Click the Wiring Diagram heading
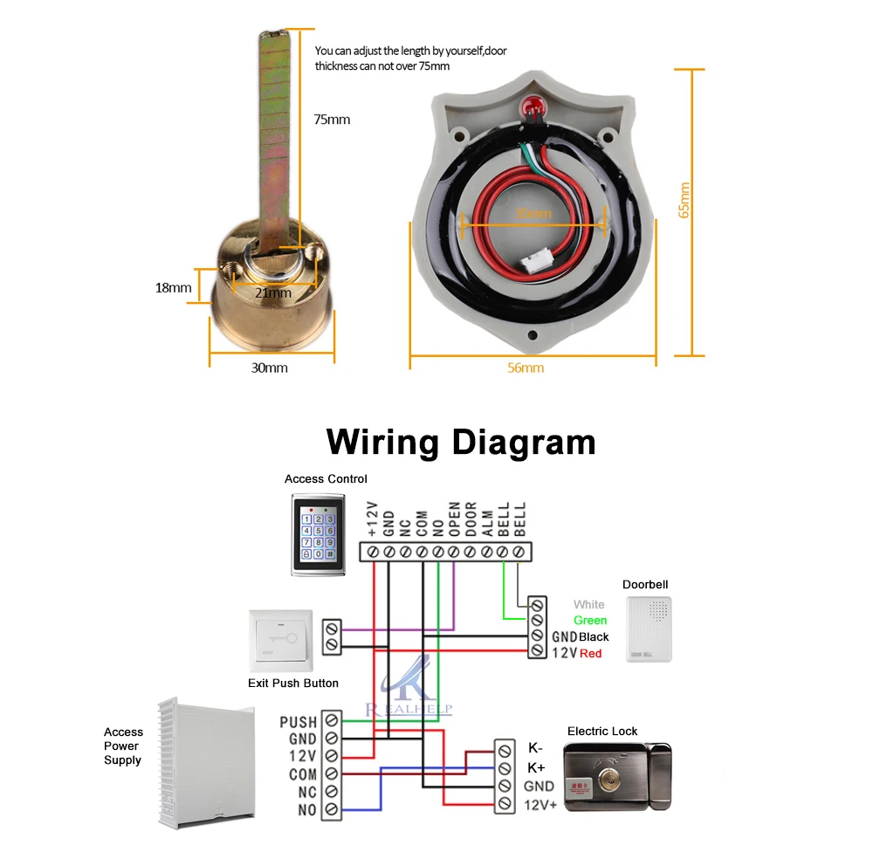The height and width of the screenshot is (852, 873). click(461, 442)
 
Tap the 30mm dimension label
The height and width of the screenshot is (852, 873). click(270, 368)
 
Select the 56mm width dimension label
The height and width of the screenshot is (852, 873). click(526, 368)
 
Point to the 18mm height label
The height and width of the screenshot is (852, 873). click(175, 287)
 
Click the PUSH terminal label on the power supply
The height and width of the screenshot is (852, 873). click(299, 722)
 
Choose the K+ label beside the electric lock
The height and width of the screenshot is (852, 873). click(536, 767)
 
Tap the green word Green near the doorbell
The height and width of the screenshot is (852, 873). click(590, 620)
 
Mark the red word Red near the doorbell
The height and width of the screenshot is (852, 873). click(591, 653)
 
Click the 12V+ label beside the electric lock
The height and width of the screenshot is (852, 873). click(540, 805)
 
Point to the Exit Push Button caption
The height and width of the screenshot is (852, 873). click(293, 683)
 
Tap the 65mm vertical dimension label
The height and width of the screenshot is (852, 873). click(684, 200)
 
